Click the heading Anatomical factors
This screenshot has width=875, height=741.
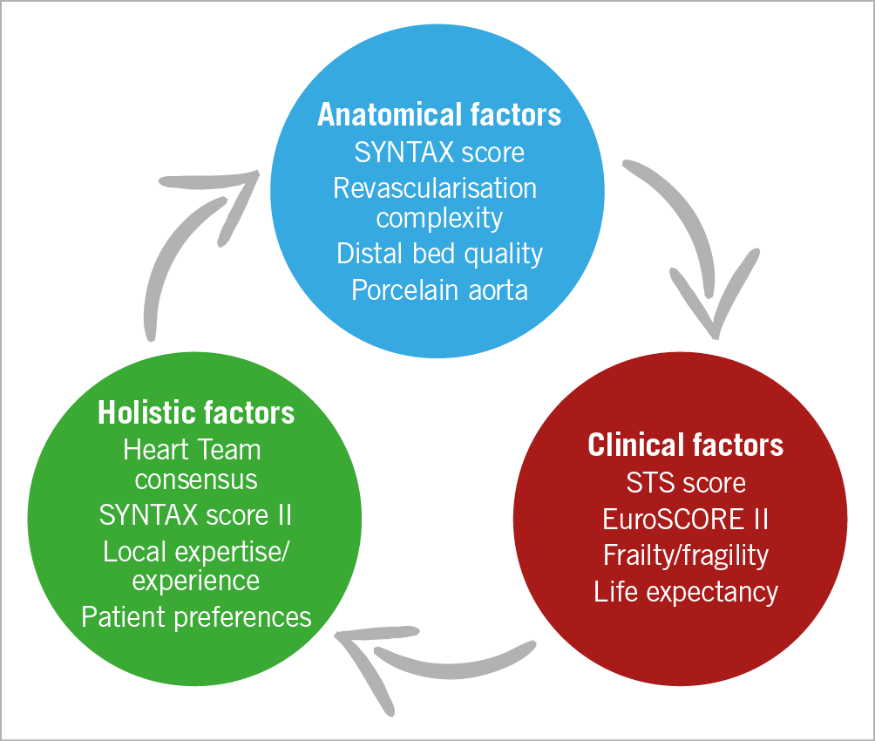(x=439, y=115)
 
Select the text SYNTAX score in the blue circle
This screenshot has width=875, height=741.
(x=439, y=153)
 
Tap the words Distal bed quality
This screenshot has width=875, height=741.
(x=439, y=253)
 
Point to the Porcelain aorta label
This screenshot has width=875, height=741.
(x=439, y=289)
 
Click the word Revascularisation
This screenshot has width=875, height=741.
(x=435, y=187)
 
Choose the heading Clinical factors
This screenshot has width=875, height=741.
(x=685, y=445)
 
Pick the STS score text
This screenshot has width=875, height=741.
(x=685, y=482)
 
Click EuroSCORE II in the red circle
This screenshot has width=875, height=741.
(x=685, y=519)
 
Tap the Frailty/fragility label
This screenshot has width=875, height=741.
(x=685, y=555)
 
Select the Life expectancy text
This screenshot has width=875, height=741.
(x=685, y=592)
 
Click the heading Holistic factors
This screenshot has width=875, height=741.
(x=196, y=412)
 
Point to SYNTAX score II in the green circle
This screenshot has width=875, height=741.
(x=196, y=514)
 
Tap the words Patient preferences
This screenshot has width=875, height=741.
(x=196, y=617)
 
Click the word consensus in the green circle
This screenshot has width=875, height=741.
(x=196, y=479)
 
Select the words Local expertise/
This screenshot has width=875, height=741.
(x=196, y=552)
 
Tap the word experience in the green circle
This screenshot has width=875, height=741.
(x=196, y=580)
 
